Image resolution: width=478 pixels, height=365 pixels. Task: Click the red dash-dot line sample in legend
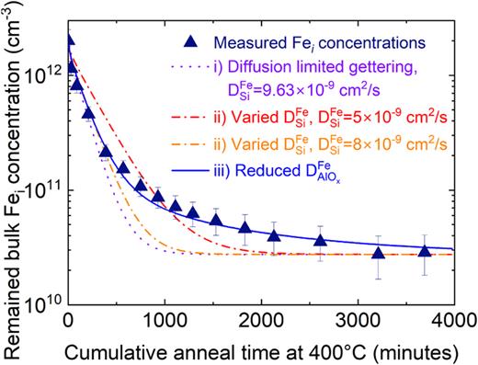pos(189,118)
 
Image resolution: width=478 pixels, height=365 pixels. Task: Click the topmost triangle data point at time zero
pos(69,40)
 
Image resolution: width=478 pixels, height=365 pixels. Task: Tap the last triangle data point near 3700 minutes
pos(424,251)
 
